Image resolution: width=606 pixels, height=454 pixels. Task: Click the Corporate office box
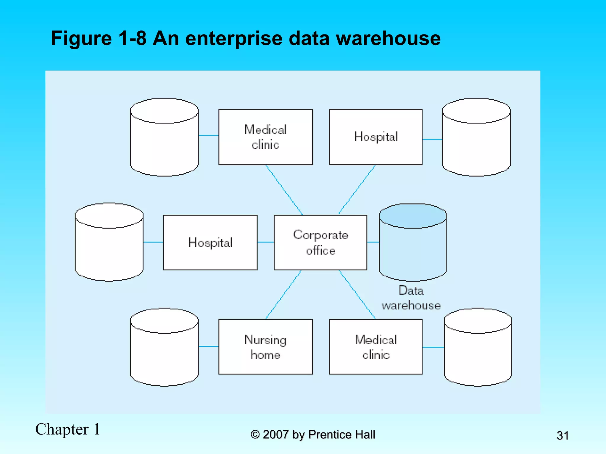tap(320, 242)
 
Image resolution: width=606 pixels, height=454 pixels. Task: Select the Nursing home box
tap(265, 347)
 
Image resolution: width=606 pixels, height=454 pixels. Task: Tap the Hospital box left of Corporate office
tap(210, 242)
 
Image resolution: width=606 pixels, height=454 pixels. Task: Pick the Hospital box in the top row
tap(375, 137)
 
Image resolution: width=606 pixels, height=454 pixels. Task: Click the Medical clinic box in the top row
tap(265, 137)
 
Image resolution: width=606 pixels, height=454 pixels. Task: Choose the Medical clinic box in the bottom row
tap(375, 347)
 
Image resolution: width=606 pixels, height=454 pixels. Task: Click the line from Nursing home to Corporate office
tap(283, 295)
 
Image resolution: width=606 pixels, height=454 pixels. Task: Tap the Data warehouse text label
tap(411, 298)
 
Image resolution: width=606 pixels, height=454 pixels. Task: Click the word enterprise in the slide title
tap(234, 38)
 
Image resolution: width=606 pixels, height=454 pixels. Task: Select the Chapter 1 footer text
tap(68, 429)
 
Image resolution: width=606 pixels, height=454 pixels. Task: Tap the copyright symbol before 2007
tap(255, 435)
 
